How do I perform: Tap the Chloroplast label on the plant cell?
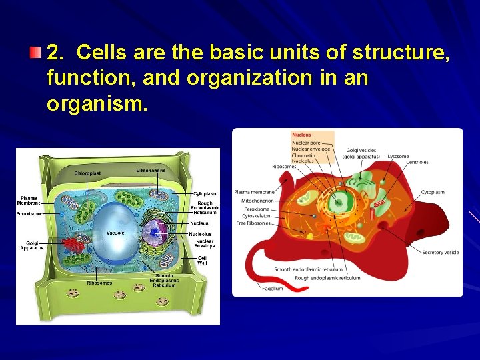pyautogui.click(x=88, y=173)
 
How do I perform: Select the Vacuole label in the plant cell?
pyautogui.click(x=115, y=233)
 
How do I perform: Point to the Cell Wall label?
pyautogui.click(x=201, y=260)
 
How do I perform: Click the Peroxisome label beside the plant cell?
pyautogui.click(x=29, y=214)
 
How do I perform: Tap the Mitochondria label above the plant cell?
pyautogui.click(x=151, y=171)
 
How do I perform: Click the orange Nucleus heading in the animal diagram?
pyautogui.click(x=301, y=135)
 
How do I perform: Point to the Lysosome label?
pyautogui.click(x=398, y=156)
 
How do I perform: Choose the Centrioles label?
pyautogui.click(x=417, y=162)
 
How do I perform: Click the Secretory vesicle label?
pyautogui.click(x=440, y=253)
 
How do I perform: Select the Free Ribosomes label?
pyautogui.click(x=253, y=223)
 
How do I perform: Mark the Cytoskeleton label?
pyautogui.click(x=257, y=216)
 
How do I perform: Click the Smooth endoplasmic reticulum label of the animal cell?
pyautogui.click(x=309, y=270)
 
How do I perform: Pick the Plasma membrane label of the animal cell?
pyautogui.click(x=254, y=192)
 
